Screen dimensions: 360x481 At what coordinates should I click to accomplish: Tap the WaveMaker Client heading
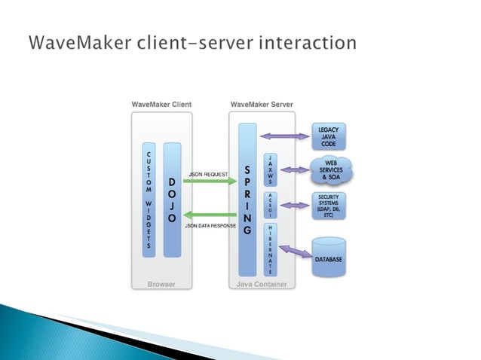point(161,104)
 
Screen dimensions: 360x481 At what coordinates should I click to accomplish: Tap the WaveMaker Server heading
point(262,104)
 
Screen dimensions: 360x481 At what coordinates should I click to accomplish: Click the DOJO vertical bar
point(172,200)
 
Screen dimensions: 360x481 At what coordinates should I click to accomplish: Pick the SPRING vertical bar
point(247,199)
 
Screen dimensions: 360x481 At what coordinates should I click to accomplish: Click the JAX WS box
point(270,170)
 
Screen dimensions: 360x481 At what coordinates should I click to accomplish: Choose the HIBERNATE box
point(270,248)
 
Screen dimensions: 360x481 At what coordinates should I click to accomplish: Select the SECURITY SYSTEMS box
point(329,205)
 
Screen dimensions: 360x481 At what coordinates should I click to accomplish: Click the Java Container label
point(261,285)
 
